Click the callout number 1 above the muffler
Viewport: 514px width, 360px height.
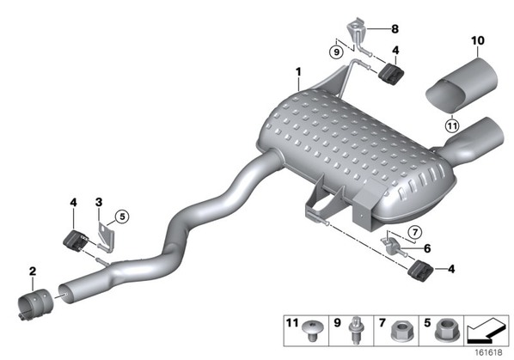pos(298,71)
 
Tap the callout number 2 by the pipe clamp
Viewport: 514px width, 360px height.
pos(33,272)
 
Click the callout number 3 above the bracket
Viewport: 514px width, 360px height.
pos(99,202)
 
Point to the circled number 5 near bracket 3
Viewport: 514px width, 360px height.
pos(122,217)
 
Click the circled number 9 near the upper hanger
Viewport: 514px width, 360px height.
pos(336,52)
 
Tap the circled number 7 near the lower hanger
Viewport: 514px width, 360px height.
pos(415,232)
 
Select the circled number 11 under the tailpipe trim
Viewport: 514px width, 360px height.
pos(452,125)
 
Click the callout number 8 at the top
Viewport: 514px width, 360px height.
pos(395,29)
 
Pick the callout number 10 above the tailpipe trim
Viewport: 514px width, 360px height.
pos(478,40)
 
